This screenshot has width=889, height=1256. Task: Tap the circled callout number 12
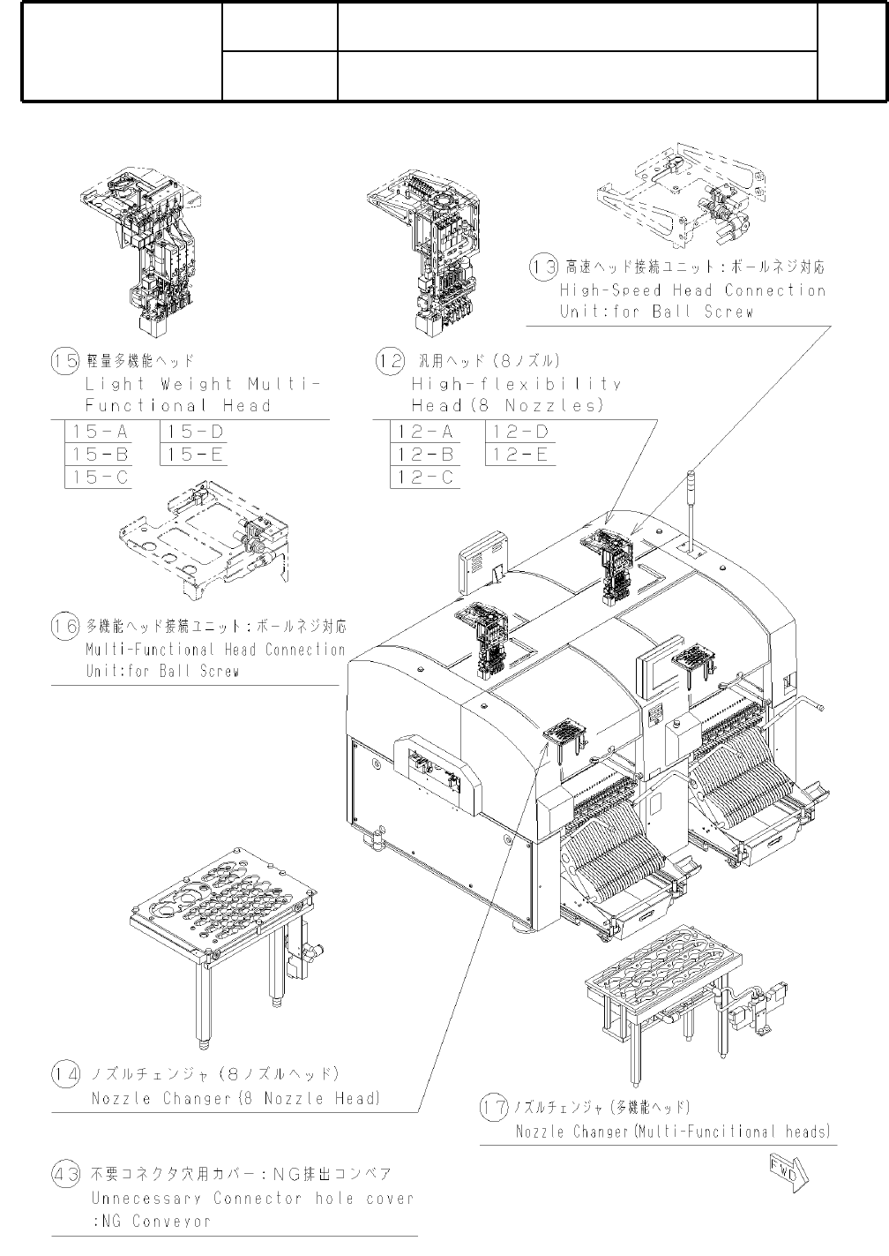[391, 361]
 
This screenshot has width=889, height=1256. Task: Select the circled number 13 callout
[542, 266]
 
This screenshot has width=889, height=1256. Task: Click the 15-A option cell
[101, 432]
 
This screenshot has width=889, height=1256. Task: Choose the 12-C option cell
[426, 478]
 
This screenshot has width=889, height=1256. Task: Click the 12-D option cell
[520, 432]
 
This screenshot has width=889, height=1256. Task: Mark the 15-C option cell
[101, 478]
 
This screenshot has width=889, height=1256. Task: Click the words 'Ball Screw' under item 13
[702, 312]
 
